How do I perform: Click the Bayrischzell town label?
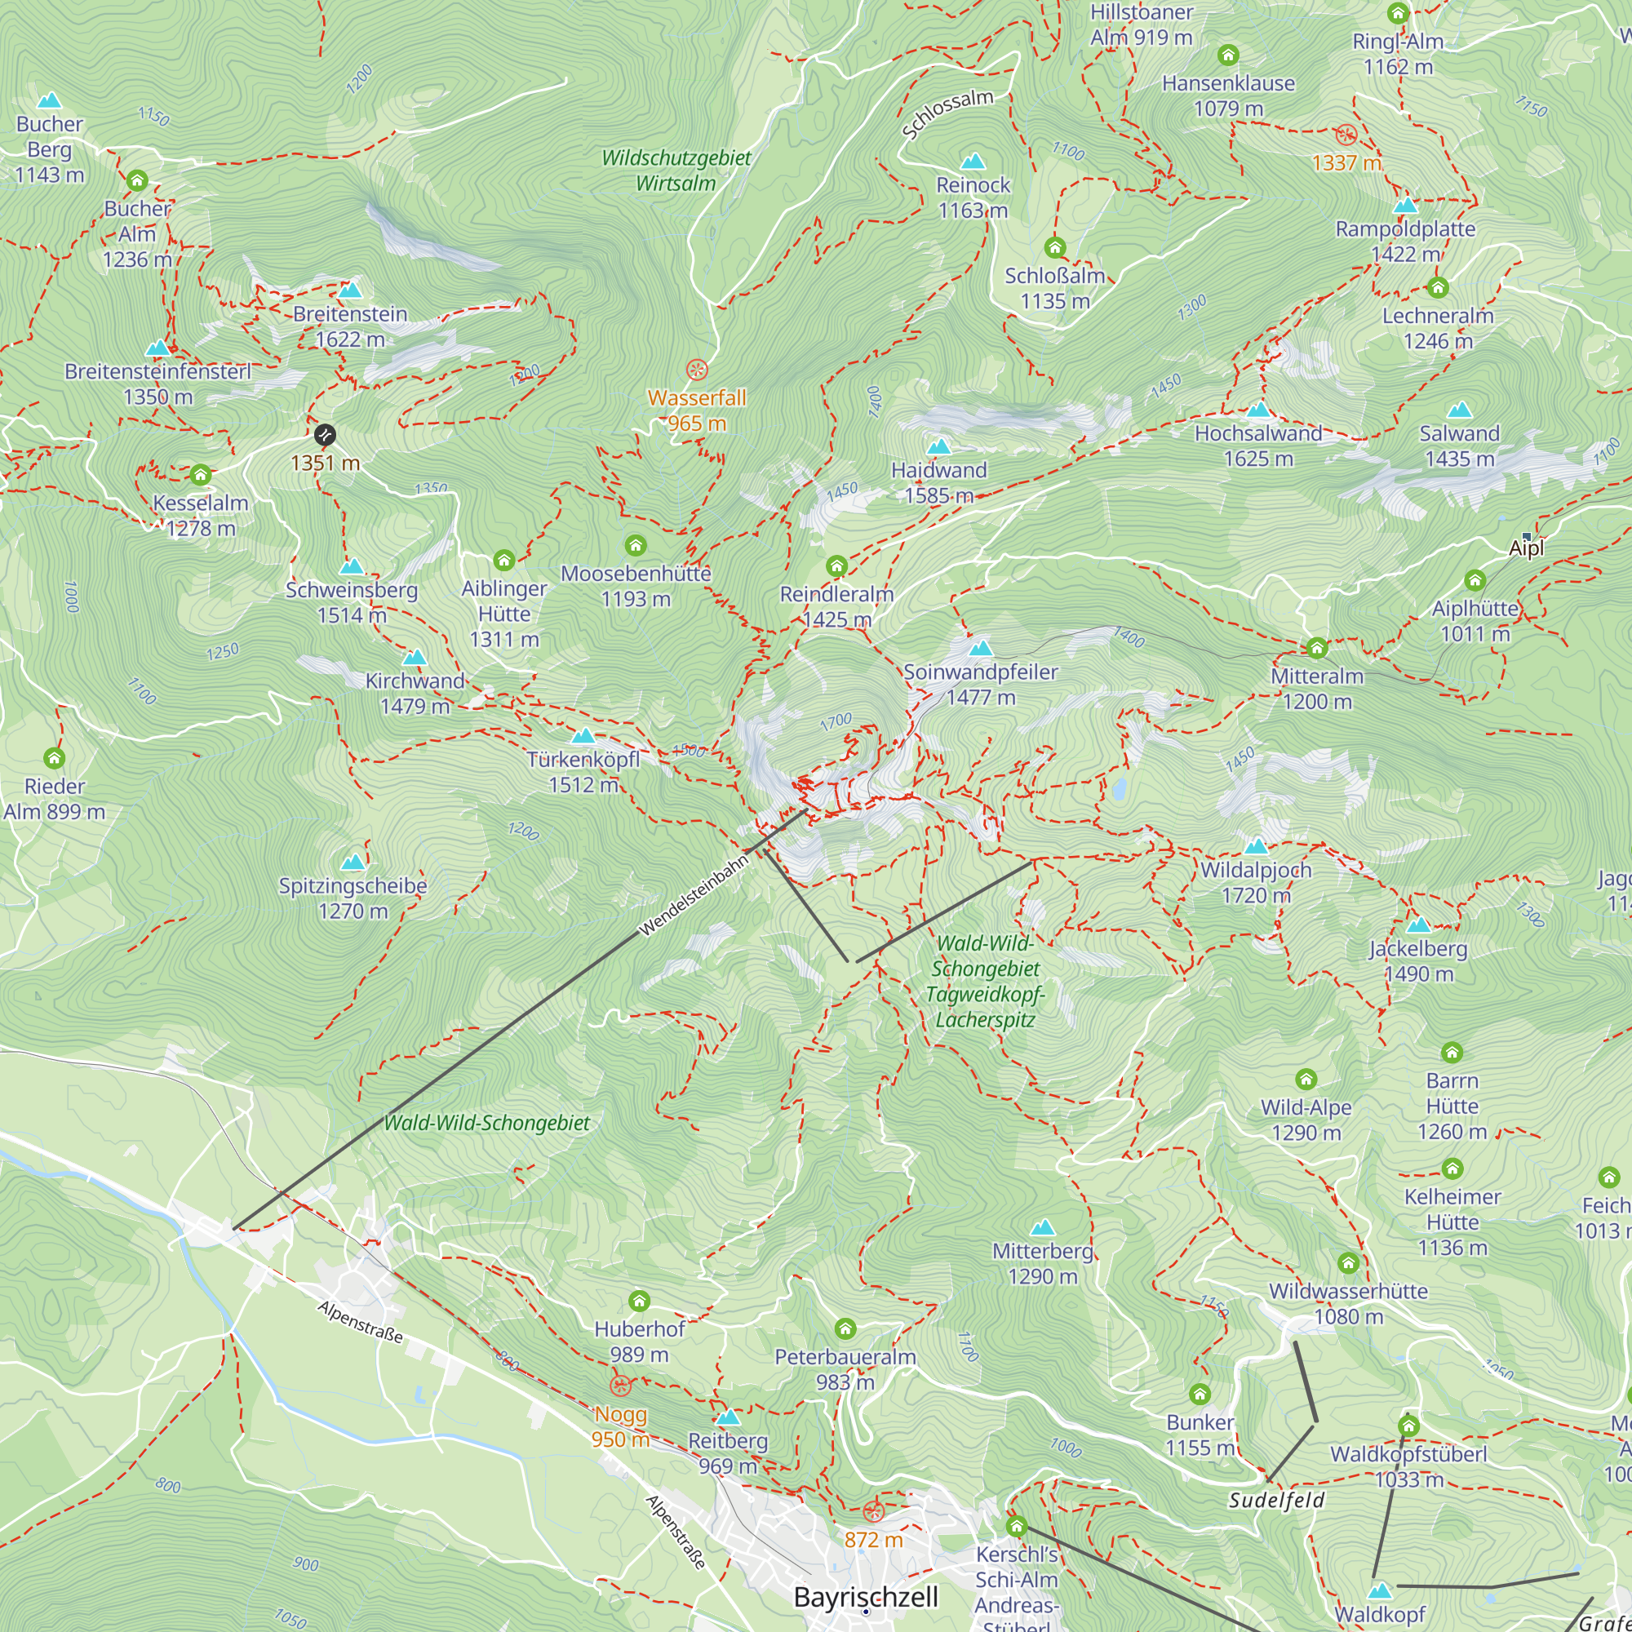point(866,1597)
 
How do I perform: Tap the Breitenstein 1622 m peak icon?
point(350,290)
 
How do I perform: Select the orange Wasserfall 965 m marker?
point(696,369)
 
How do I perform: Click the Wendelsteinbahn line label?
point(694,895)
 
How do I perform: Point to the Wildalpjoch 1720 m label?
point(1255,882)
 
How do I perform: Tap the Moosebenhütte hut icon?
point(635,545)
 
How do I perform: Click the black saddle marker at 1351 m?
point(325,435)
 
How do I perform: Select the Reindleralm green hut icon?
point(836,566)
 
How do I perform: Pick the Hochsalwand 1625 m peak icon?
point(1258,410)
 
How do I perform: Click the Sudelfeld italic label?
point(1276,1501)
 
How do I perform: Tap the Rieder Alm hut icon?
point(54,758)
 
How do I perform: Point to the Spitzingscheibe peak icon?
point(353,862)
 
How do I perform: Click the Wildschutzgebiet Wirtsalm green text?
point(676,170)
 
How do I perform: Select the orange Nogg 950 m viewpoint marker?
point(620,1386)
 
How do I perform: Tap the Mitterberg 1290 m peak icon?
point(1042,1226)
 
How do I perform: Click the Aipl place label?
point(1526,548)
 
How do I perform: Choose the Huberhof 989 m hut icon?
point(640,1301)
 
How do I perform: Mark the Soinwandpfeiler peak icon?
point(980,648)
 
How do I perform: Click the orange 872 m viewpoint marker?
point(873,1511)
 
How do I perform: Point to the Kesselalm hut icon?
point(200,475)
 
